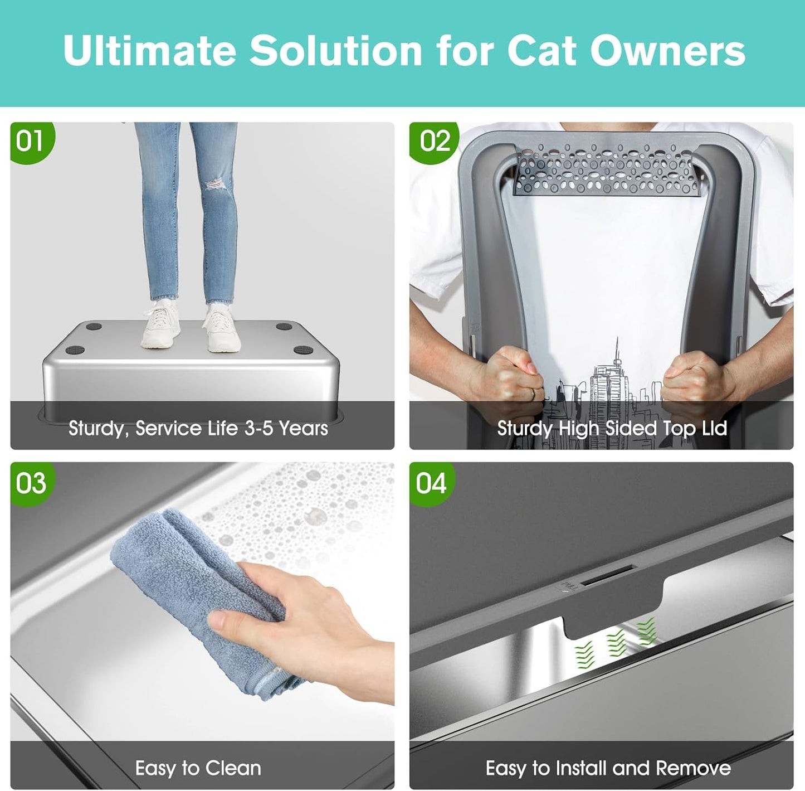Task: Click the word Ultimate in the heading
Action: pyautogui.click(x=149, y=51)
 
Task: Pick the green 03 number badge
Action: pyautogui.click(x=31, y=483)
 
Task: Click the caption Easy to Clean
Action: pyautogui.click(x=198, y=768)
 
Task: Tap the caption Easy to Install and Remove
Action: pyautogui.click(x=608, y=768)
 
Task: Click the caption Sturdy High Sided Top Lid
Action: pyautogui.click(x=612, y=428)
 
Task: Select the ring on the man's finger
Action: pyautogui.click(x=533, y=394)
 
